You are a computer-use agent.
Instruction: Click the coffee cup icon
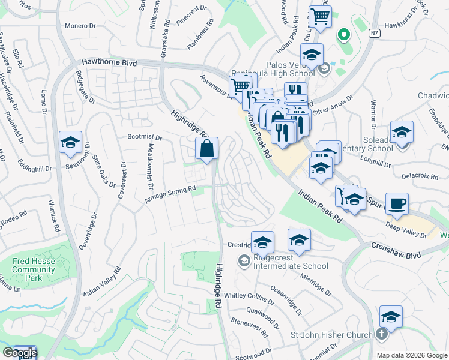396,204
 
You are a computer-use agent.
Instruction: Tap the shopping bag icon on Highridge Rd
206,148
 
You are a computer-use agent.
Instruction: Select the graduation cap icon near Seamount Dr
70,142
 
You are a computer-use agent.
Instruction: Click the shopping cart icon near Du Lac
320,16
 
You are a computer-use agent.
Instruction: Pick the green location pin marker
344,35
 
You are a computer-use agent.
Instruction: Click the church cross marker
382,334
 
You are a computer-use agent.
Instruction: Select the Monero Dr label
80,26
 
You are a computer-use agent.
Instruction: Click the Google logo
20,353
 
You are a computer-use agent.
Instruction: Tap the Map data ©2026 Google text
412,355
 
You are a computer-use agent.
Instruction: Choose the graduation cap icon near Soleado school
402,132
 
